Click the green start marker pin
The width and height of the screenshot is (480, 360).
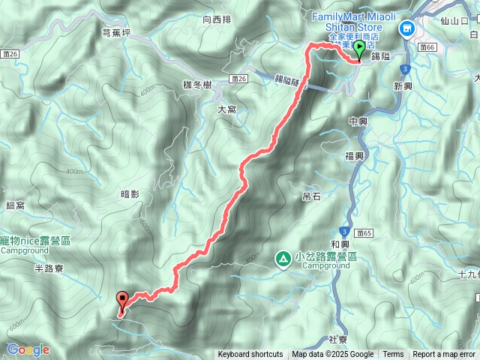tap(358, 51)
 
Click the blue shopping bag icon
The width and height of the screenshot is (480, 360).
tap(407, 28)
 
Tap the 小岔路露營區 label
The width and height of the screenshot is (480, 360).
tap(326, 256)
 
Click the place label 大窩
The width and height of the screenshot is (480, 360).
tap(226, 109)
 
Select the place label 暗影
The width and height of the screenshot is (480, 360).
tap(130, 194)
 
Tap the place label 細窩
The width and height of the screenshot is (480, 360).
tap(15, 205)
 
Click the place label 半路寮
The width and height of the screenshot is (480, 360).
tap(49, 267)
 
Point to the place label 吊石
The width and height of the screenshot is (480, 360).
tap(311, 196)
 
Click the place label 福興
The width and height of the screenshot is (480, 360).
tap(354, 156)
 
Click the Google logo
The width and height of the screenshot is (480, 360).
tap(28, 349)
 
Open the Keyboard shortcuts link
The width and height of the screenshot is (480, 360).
tap(250, 355)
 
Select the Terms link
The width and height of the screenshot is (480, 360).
tap(393, 355)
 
